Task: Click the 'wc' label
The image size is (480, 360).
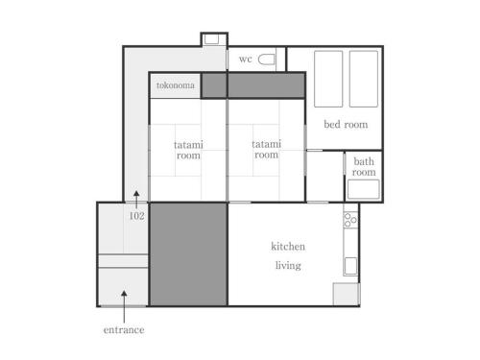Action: tap(246, 60)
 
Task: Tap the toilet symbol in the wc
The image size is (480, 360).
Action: tap(267, 60)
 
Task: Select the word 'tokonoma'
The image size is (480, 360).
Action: tap(176, 85)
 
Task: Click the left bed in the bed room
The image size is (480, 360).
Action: tap(328, 79)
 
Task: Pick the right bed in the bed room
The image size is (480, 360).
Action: tap(364, 79)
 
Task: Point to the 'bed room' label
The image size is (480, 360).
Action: tap(346, 124)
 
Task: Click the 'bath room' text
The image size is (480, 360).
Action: tap(364, 167)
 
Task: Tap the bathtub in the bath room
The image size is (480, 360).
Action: tap(364, 189)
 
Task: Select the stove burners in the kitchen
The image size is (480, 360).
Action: tap(350, 220)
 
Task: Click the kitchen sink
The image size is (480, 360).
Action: tap(350, 266)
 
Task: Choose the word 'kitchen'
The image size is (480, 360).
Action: tap(288, 247)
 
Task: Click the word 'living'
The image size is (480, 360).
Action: tap(288, 266)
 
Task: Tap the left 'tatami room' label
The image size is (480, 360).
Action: tap(188, 150)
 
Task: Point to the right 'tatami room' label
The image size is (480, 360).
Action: tap(266, 150)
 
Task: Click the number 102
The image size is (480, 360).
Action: tap(136, 216)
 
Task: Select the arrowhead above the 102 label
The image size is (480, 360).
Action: tap(136, 193)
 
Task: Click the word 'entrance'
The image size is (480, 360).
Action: tap(124, 330)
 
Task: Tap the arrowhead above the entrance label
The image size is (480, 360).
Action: tap(124, 293)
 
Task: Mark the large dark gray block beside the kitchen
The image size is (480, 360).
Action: tap(189, 254)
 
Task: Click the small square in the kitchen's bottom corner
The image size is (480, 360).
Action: tap(346, 294)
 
